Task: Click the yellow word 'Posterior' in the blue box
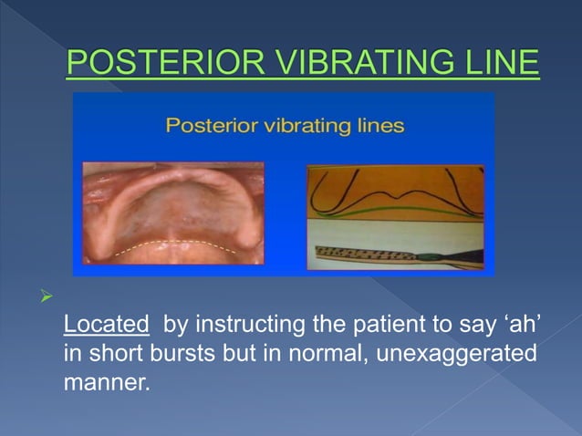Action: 209,126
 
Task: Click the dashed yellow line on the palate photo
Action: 173,244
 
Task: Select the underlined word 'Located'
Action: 106,324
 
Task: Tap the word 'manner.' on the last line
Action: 105,382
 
